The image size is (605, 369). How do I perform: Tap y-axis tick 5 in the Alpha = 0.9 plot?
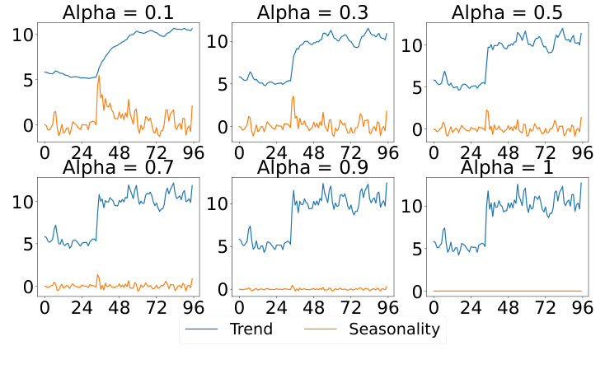click(x=221, y=246)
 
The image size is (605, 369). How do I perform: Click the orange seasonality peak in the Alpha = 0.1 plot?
click(x=99, y=77)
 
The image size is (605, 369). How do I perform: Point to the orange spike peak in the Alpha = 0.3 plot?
click(x=293, y=96)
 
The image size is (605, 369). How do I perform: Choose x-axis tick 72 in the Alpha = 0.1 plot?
click(x=154, y=153)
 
